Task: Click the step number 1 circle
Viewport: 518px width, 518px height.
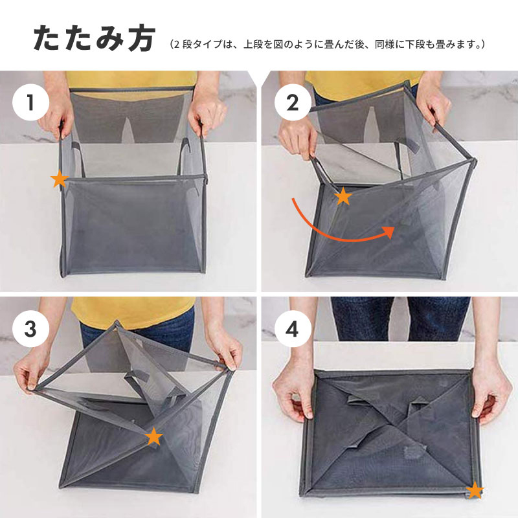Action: point(30,102)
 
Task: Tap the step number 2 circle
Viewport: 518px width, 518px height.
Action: point(293,102)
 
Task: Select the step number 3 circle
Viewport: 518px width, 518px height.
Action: point(30,329)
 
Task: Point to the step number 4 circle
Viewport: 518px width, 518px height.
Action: point(293,329)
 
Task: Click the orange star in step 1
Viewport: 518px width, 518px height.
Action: point(60,179)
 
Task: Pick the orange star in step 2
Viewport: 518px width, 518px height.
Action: point(343,196)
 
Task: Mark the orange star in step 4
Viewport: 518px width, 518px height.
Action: point(475,490)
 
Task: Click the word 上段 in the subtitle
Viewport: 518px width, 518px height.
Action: point(251,44)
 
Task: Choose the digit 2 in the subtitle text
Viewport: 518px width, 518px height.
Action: point(177,44)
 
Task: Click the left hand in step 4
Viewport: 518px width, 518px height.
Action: point(293,396)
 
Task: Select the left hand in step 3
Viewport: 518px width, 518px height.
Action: point(28,374)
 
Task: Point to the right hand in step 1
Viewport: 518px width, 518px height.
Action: point(207,111)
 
